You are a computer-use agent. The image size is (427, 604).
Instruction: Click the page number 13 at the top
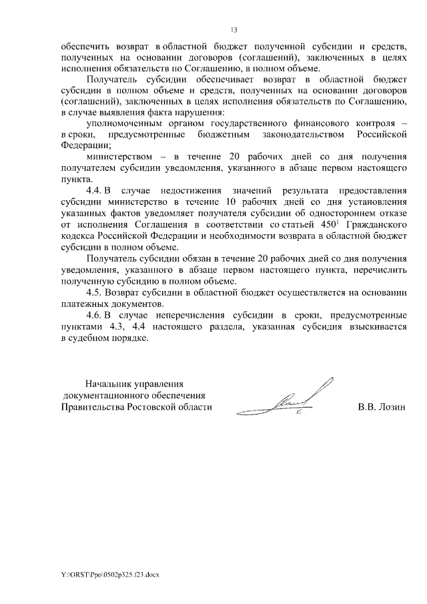click(234, 30)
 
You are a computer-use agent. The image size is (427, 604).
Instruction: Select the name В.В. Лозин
click(382, 406)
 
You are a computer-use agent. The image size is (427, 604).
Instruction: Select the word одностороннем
click(342, 214)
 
